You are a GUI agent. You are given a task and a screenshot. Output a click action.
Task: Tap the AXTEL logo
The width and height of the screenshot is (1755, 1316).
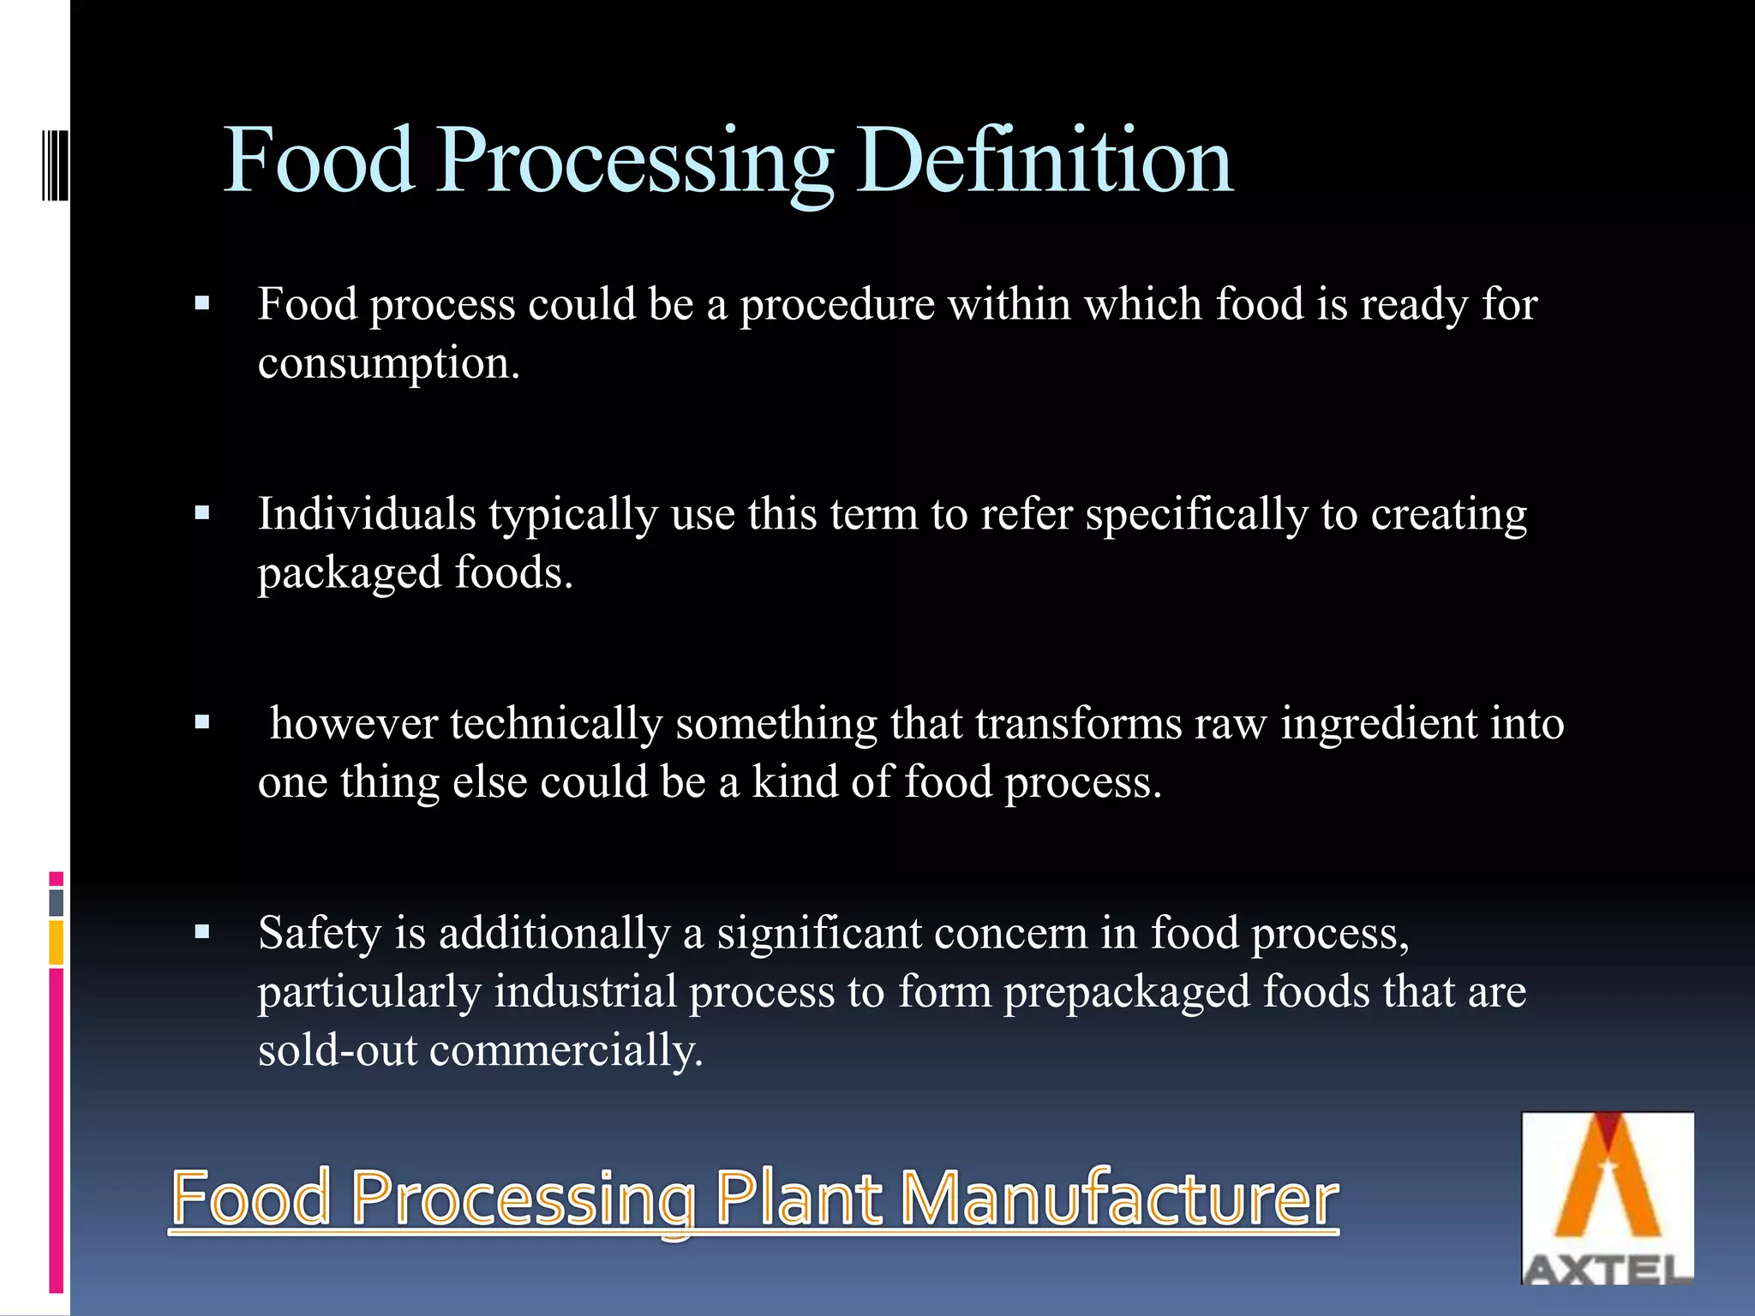tap(1607, 1197)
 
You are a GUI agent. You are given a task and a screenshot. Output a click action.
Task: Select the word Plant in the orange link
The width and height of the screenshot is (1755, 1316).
tap(797, 1198)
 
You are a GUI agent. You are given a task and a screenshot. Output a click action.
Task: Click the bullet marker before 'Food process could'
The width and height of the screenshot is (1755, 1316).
tap(202, 303)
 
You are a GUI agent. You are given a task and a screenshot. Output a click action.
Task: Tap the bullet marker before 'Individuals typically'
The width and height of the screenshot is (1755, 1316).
tap(202, 513)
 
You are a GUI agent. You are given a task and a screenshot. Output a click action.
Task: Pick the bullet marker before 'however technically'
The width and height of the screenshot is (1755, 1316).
tap(202, 722)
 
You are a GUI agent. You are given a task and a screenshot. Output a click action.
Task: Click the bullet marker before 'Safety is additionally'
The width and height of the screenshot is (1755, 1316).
tap(202, 931)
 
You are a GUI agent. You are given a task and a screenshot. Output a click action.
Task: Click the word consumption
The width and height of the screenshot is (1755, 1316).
tap(388, 363)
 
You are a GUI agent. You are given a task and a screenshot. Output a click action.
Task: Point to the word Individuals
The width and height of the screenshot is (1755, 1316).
tap(367, 514)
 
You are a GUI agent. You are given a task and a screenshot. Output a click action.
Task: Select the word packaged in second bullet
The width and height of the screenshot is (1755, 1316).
tap(350, 573)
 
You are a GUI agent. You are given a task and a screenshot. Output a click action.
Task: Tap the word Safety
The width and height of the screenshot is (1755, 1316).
tap(320, 932)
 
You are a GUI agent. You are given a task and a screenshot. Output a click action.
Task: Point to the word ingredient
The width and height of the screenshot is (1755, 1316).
tap(1379, 724)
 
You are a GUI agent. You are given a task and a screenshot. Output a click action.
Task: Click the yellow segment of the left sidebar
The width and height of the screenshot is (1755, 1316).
tap(57, 942)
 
